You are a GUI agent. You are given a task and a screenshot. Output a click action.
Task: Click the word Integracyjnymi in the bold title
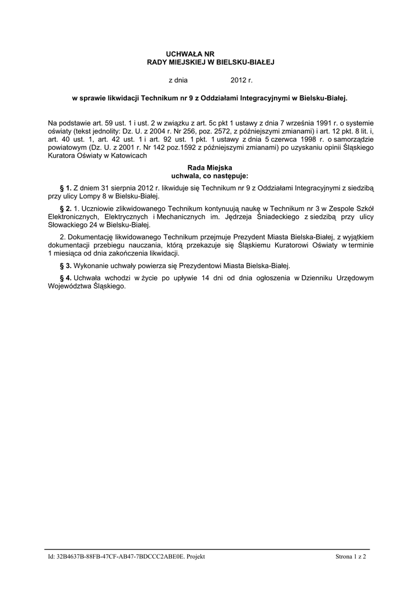[251, 99]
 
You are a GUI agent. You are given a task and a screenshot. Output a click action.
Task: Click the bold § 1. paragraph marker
[65, 188]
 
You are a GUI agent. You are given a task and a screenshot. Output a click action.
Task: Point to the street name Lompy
[83, 196]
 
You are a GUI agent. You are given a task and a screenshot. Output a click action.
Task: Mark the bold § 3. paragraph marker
[65, 265]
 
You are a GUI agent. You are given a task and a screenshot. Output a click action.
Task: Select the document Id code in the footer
[126, 557]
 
